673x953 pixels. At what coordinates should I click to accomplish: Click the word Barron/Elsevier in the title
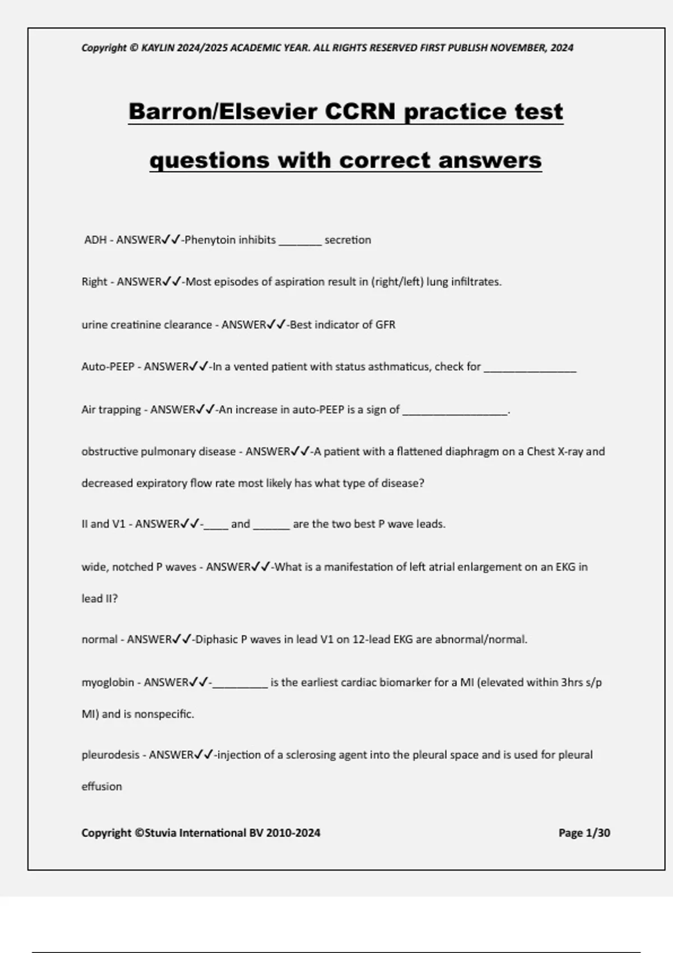tap(223, 112)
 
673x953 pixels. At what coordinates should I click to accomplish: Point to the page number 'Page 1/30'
tap(584, 833)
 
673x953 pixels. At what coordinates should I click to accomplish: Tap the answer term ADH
tap(95, 240)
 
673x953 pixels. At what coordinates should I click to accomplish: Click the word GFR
tap(385, 325)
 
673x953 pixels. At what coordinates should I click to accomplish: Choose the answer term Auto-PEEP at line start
tap(108, 367)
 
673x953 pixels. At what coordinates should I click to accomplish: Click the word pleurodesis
tap(110, 755)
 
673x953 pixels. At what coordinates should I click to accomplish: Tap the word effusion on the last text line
tap(102, 787)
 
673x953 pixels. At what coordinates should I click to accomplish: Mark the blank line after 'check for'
tap(530, 368)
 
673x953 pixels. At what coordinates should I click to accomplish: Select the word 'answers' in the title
tap(490, 160)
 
